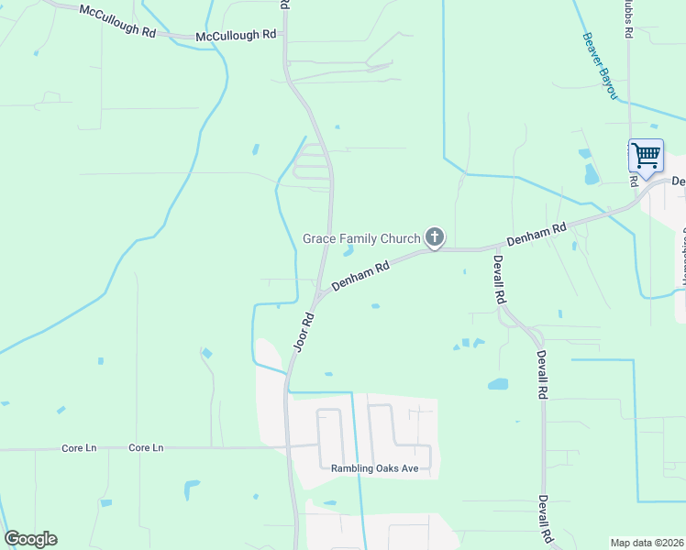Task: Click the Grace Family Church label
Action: pyautogui.click(x=361, y=239)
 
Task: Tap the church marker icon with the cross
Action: pyautogui.click(x=435, y=238)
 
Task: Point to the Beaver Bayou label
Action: pyautogui.click(x=600, y=67)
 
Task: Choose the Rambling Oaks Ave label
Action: pyautogui.click(x=374, y=468)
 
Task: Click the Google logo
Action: pyautogui.click(x=30, y=539)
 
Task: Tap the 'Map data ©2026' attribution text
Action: pyautogui.click(x=647, y=543)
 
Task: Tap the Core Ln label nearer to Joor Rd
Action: pyautogui.click(x=146, y=448)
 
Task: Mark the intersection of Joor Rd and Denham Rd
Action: pyautogui.click(x=317, y=295)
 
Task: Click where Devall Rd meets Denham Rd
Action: pyautogui.click(x=496, y=247)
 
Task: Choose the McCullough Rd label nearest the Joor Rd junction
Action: pyautogui.click(x=236, y=35)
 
